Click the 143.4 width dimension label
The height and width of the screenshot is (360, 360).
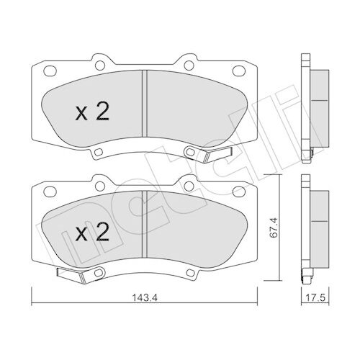click(145, 298)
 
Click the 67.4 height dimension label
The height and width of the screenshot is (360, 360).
click(274, 228)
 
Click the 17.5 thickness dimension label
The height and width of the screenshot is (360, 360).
click(315, 298)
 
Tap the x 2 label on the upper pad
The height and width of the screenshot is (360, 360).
click(92, 111)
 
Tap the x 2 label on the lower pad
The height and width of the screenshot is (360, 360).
click(92, 232)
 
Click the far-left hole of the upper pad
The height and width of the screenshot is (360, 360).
click(50, 71)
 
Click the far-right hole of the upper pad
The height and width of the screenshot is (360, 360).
click(239, 71)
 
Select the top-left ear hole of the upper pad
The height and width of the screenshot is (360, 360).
click(100, 66)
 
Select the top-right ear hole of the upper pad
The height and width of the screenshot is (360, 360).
click(189, 66)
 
